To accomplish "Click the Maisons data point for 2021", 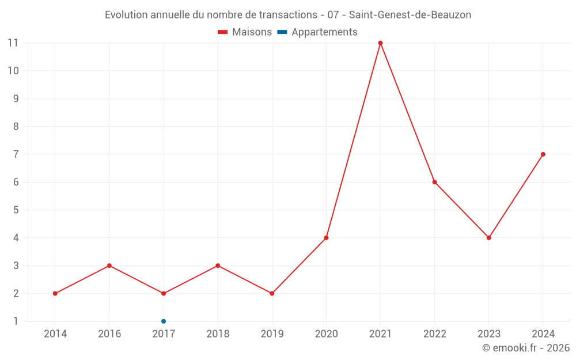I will point(380,43).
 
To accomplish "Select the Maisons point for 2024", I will point(543,154).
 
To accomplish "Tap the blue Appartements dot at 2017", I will point(164,321).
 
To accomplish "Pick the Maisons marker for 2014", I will point(55,294).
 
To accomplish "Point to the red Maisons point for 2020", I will point(326,238).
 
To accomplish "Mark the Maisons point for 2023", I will point(489,238).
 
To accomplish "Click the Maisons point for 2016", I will point(109,266).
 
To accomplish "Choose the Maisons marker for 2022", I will point(435,182).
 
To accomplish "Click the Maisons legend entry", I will point(245,32).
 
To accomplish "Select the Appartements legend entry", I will point(318,32).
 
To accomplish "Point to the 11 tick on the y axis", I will point(13,43).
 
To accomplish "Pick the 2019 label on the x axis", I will point(272,334).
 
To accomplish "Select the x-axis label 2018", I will point(218,334).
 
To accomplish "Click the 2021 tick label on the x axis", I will point(380,334).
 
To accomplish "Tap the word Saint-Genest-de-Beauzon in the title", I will point(410,15).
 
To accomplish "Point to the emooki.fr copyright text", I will point(526,348).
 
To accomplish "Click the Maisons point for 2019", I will point(272,294).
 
